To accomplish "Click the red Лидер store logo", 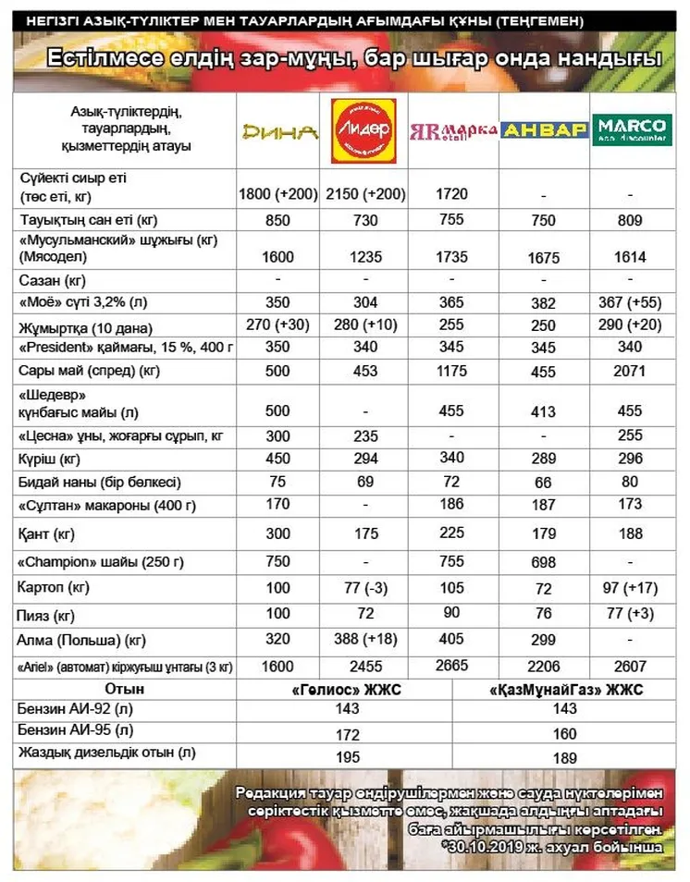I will (363, 130).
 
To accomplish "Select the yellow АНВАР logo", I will (546, 130).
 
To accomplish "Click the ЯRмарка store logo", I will (453, 129).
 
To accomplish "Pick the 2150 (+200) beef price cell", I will (365, 194).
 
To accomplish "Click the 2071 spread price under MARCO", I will (632, 371).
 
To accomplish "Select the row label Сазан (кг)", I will (53, 279).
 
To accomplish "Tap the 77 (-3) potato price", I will (365, 587).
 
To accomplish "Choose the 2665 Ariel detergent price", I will (453, 667).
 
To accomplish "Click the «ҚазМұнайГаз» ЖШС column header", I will (565, 690).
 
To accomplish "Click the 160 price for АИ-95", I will (565, 733).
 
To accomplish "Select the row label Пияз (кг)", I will (46, 614).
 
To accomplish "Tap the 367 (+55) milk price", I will (632, 302).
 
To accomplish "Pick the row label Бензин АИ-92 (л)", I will (73, 710).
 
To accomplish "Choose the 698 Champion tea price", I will (544, 563).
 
